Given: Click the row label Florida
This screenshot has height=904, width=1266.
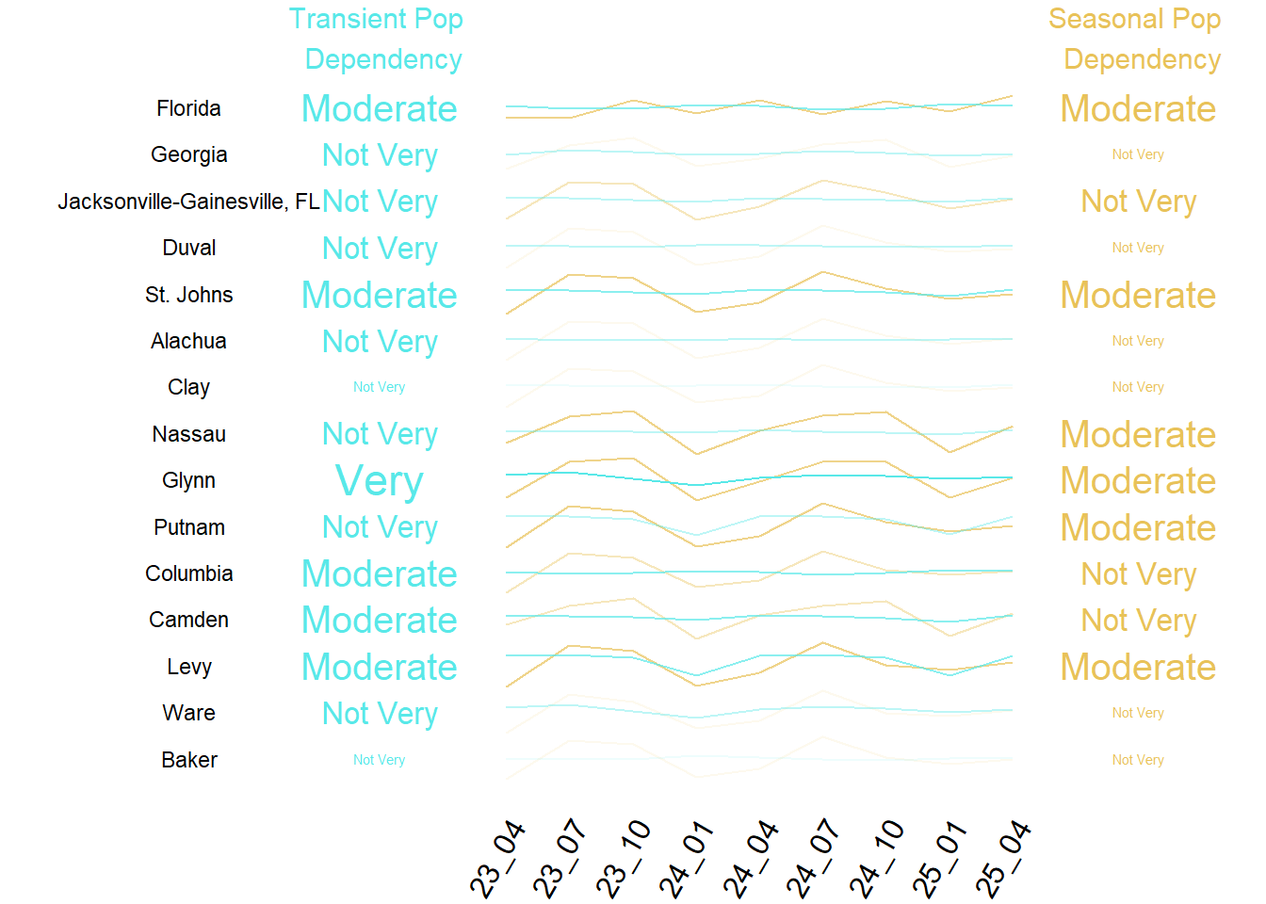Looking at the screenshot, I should coord(188,108).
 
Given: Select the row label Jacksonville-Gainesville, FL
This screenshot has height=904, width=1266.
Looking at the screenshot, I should coord(188,202).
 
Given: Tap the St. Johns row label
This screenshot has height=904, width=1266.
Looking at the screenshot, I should coord(188,295).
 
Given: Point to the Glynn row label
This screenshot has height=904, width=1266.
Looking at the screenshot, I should coord(188,480).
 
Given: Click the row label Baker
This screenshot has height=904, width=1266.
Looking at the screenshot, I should coord(188,760).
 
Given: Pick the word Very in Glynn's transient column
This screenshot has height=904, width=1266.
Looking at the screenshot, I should coord(380,481).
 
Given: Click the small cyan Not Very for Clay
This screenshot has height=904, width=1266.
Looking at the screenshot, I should coord(379,387).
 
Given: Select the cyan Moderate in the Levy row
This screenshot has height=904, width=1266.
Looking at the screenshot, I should coord(380,667).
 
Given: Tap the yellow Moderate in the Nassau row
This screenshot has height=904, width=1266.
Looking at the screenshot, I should coord(1138,434).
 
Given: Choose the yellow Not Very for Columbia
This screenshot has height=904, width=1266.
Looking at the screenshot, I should coord(1138,573).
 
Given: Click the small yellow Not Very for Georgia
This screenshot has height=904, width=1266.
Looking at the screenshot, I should coord(1138,154).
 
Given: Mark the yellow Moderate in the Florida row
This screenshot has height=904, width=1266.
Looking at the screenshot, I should coord(1138,108).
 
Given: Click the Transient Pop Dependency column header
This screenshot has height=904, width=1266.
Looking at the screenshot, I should coord(378,39).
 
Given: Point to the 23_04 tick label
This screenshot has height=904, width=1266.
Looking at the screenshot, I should coord(497,860).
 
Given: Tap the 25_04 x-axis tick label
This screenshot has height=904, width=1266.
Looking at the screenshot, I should coord(1004,860).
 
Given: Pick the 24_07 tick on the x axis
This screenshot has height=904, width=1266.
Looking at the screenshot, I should coord(814,860).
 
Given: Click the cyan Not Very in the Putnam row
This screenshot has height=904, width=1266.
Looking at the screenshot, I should coord(380,527).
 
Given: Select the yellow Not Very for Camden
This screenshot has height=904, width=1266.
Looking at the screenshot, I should coord(1138,620).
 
